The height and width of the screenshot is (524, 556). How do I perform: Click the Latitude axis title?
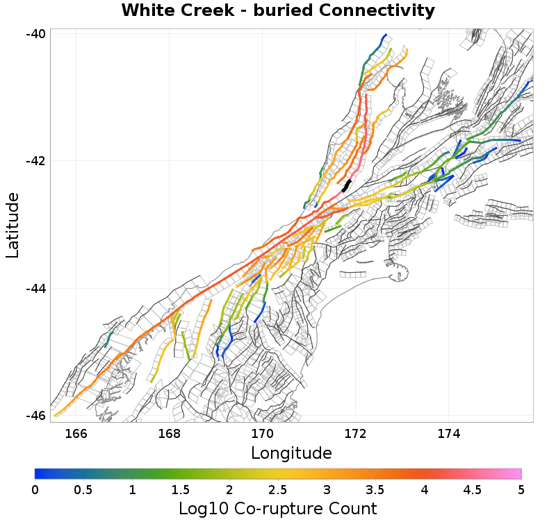coord(13,226)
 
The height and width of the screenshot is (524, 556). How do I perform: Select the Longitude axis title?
coord(291,453)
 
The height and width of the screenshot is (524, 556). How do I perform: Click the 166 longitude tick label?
coord(76,434)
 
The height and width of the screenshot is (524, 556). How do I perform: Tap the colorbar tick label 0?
coord(35,490)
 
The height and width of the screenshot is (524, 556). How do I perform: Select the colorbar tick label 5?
coord(521,490)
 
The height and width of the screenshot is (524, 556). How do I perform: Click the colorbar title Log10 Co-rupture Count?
coord(278,509)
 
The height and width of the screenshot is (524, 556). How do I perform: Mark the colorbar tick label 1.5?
coord(181,490)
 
